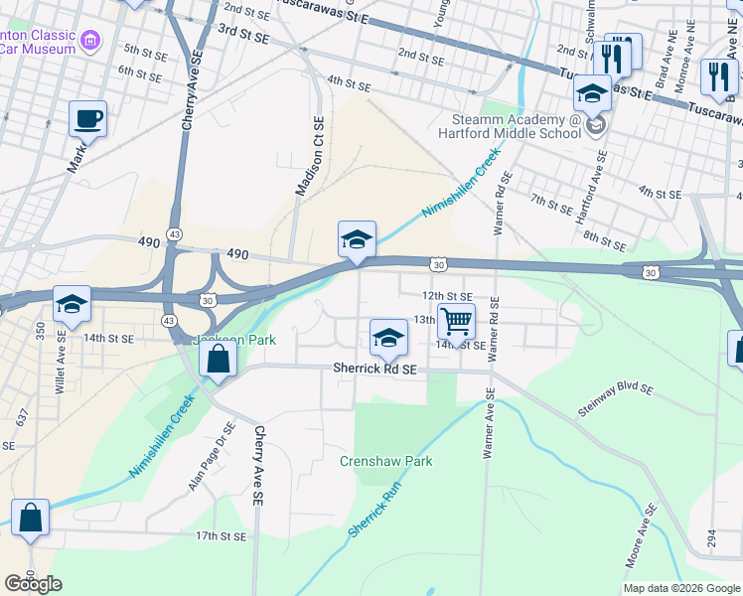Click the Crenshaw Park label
(x=386, y=462)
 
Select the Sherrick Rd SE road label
(x=374, y=369)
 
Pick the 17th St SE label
(x=220, y=535)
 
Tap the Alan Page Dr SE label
(x=212, y=456)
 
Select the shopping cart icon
(x=456, y=322)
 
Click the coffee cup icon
(x=87, y=119)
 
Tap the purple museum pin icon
(x=91, y=41)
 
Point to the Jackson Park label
(x=234, y=340)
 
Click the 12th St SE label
(x=446, y=296)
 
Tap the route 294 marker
(x=712, y=537)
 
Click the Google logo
(x=34, y=584)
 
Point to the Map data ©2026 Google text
(x=680, y=588)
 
